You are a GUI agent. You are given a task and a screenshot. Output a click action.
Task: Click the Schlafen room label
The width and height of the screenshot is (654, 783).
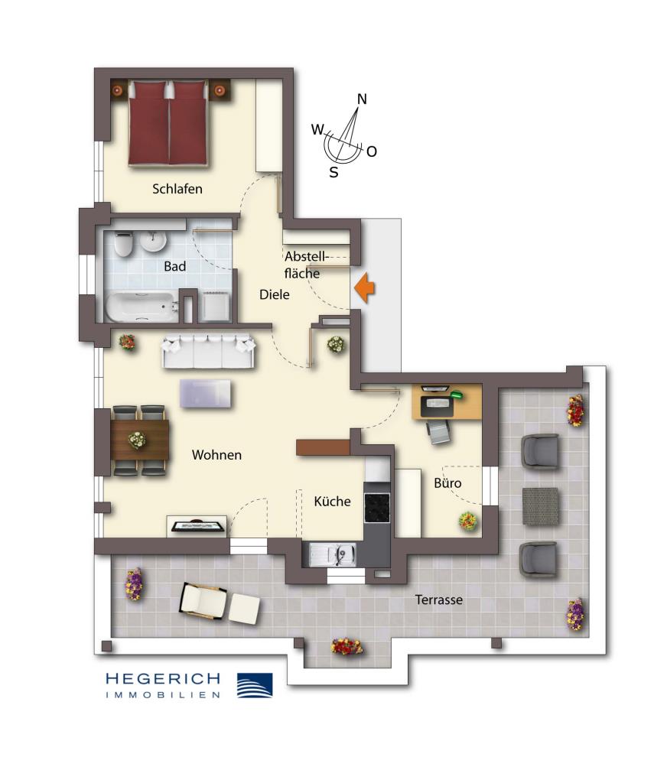pyautogui.click(x=177, y=189)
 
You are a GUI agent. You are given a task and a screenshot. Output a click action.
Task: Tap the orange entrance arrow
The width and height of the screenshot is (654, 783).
pyautogui.click(x=365, y=288)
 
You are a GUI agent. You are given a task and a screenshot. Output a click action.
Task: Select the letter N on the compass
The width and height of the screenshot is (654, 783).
pyautogui.click(x=363, y=99)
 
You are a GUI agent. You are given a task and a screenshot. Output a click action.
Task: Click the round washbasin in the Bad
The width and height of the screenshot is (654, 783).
pyautogui.click(x=154, y=241)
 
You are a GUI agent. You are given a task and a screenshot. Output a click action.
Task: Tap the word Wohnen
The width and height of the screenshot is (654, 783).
pyautogui.click(x=216, y=455)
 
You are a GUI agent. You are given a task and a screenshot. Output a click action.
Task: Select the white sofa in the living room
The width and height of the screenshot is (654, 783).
pyautogui.click(x=207, y=351)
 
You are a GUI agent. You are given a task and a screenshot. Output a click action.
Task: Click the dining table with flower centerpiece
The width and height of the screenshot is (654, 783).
pyautogui.click(x=138, y=440)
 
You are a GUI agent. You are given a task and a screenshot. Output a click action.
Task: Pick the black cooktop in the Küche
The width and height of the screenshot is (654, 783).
pyautogui.click(x=377, y=506)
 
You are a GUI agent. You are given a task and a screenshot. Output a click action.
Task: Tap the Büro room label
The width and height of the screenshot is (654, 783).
pyautogui.click(x=447, y=483)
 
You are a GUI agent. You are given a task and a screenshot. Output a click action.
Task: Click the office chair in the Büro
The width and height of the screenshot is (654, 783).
pyautogui.click(x=438, y=431)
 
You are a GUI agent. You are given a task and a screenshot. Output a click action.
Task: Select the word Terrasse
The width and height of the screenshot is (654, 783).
pyautogui.click(x=438, y=600)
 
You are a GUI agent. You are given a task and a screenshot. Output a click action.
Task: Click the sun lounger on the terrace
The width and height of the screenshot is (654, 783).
pyautogui.click(x=218, y=603)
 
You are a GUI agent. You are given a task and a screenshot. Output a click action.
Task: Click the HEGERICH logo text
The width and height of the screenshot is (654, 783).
pyautogui.click(x=163, y=678)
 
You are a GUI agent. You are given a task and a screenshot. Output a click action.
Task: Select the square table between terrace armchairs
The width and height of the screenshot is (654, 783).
pyautogui.click(x=540, y=505)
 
